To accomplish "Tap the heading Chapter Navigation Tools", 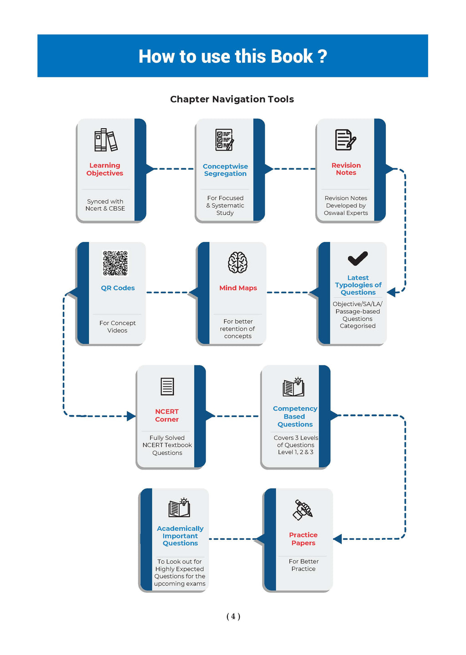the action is pos(232,99).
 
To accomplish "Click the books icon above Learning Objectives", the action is pos(106,140).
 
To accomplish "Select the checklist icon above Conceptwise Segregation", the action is pos(225,140).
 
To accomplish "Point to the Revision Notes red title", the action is pos(346,169).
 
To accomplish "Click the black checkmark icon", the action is pos(358,258).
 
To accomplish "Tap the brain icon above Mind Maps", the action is pos(238,262).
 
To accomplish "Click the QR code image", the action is pos(115,263).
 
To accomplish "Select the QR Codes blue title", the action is pos(118,288).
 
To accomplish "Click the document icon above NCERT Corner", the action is pos(167,387).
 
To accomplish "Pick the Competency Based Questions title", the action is pos(295,416).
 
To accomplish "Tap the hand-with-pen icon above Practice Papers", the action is pos(303,510).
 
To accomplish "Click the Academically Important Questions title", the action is pos(180,536).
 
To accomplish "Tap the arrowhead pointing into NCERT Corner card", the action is pos(131,416).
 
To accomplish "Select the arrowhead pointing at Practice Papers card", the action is pos(338,539).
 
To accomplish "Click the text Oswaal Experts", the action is pos(346,213).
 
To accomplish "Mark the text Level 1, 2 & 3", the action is pos(295,452).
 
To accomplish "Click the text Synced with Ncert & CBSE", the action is pos(105,205).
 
